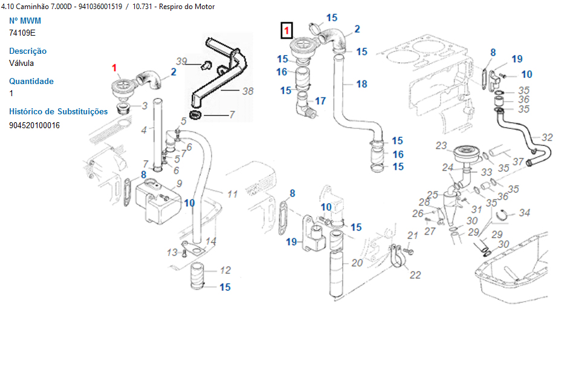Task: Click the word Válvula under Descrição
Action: click(x=21, y=63)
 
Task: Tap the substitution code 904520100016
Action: click(x=34, y=125)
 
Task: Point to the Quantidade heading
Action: click(x=31, y=81)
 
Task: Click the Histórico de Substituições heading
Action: click(x=59, y=111)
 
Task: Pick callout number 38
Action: click(x=247, y=91)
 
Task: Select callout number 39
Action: click(x=181, y=61)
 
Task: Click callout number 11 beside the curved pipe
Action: click(x=233, y=194)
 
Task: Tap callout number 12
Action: click(x=225, y=270)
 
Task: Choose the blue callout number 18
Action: click(x=361, y=84)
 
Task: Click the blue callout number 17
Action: click(x=320, y=101)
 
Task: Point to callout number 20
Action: click(x=357, y=262)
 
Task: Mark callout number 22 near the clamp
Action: click(x=415, y=275)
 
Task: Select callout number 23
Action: click(x=441, y=146)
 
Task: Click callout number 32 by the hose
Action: click(x=547, y=137)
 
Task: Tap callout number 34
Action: click(x=525, y=213)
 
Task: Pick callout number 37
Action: click(x=518, y=161)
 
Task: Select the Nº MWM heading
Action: click(x=25, y=21)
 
